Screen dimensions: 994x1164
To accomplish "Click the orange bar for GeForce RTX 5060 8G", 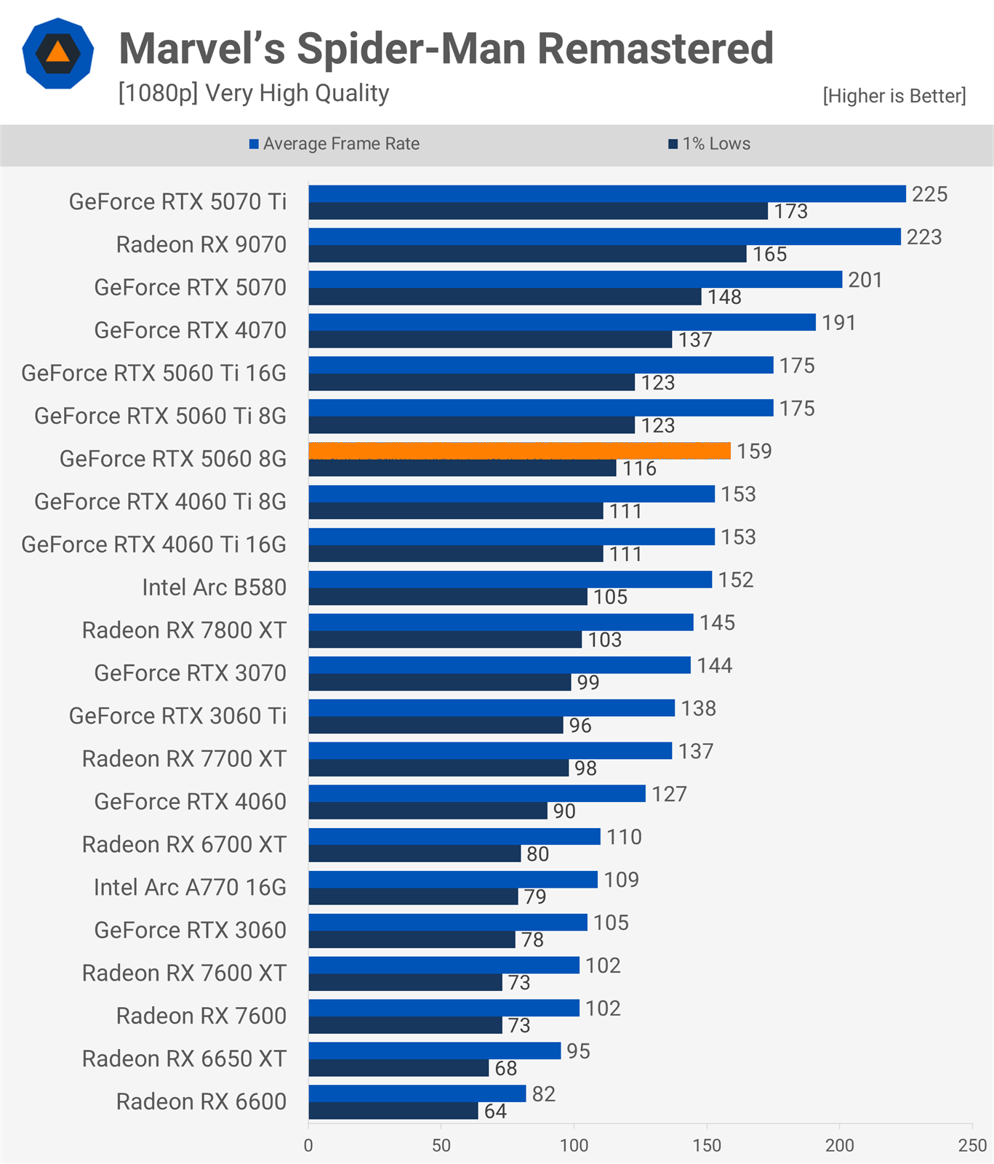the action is pos(520,451).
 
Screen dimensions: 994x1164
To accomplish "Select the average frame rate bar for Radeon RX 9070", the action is pos(605,237).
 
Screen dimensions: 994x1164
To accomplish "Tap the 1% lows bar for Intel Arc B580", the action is pos(448,597).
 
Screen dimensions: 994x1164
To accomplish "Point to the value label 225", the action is pos(930,194).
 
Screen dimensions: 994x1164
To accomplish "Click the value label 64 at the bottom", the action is pos(495,1112).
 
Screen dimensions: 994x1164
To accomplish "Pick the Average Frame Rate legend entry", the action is pos(334,144).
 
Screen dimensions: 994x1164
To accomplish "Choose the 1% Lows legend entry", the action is pos(710,144).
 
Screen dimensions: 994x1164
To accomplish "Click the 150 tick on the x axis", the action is pos(707,1145).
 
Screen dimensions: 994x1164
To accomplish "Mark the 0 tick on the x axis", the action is pos(308,1145).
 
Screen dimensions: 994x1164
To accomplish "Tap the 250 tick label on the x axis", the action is pos(972,1145).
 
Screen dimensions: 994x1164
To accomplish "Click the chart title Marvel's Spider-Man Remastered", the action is pos(446,48).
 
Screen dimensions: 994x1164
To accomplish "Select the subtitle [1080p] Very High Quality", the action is pos(254,93).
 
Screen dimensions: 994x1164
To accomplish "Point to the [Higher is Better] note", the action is pos(894,96).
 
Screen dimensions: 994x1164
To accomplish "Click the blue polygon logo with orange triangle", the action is pos(58,53).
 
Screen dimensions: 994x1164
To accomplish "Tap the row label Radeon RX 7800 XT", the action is pos(184,630).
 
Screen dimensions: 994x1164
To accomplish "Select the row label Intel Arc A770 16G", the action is pos(190,888).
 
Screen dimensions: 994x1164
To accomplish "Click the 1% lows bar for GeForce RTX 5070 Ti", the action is pos(538,211).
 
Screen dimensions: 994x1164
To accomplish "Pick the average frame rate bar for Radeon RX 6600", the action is pos(417,1094).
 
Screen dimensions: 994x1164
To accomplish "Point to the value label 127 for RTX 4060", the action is pos(669,794).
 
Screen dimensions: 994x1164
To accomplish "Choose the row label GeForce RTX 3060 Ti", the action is pos(177,716).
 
